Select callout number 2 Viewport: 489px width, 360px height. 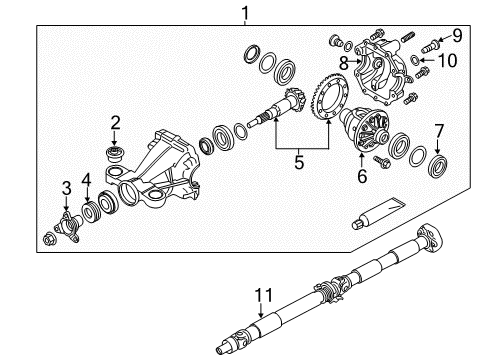coord(116,122)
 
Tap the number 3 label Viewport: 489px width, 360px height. coord(67,187)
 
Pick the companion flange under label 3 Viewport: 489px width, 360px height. coord(68,221)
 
